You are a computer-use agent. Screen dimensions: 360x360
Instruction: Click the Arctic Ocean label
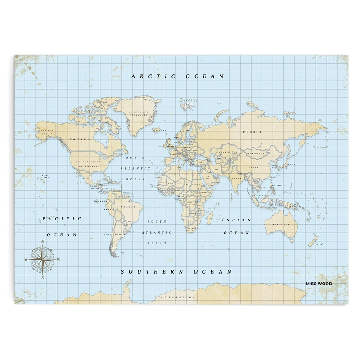click(x=177, y=76)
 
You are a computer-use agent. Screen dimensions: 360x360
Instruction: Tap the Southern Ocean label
click(x=177, y=272)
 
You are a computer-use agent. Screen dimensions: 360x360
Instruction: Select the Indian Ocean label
click(x=236, y=226)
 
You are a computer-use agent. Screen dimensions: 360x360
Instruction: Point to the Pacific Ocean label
click(x=62, y=226)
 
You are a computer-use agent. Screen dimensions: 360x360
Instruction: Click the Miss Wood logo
click(x=319, y=284)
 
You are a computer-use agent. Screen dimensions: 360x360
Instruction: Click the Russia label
click(x=252, y=132)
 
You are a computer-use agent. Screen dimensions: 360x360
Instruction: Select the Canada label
click(x=80, y=139)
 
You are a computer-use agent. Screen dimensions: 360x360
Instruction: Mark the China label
click(x=254, y=167)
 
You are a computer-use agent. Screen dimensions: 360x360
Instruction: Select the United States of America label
click(x=89, y=164)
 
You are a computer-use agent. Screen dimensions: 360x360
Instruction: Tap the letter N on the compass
click(x=42, y=242)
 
